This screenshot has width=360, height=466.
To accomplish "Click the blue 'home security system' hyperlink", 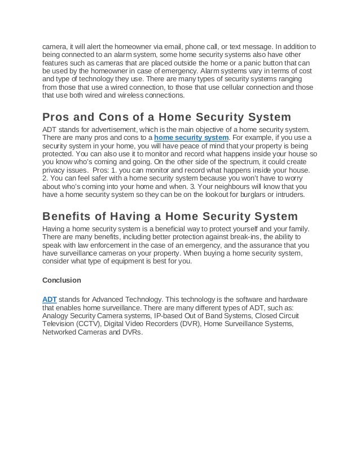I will pos(191,138).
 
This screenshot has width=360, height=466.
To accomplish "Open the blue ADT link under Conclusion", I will pos(49,298).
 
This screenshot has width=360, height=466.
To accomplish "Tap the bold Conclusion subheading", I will pos(62,280).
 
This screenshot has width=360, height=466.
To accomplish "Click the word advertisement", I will pos(108,130).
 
